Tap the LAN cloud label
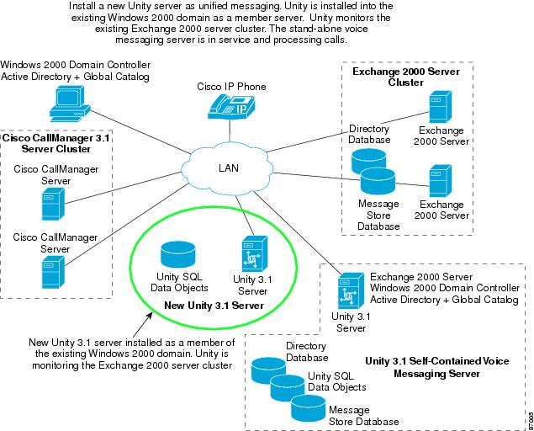[x=229, y=168]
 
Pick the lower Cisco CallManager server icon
[x=52, y=271]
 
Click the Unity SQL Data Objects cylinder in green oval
[x=177, y=253]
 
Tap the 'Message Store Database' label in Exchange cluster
[x=378, y=215]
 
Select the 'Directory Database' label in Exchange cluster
[x=369, y=135]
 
